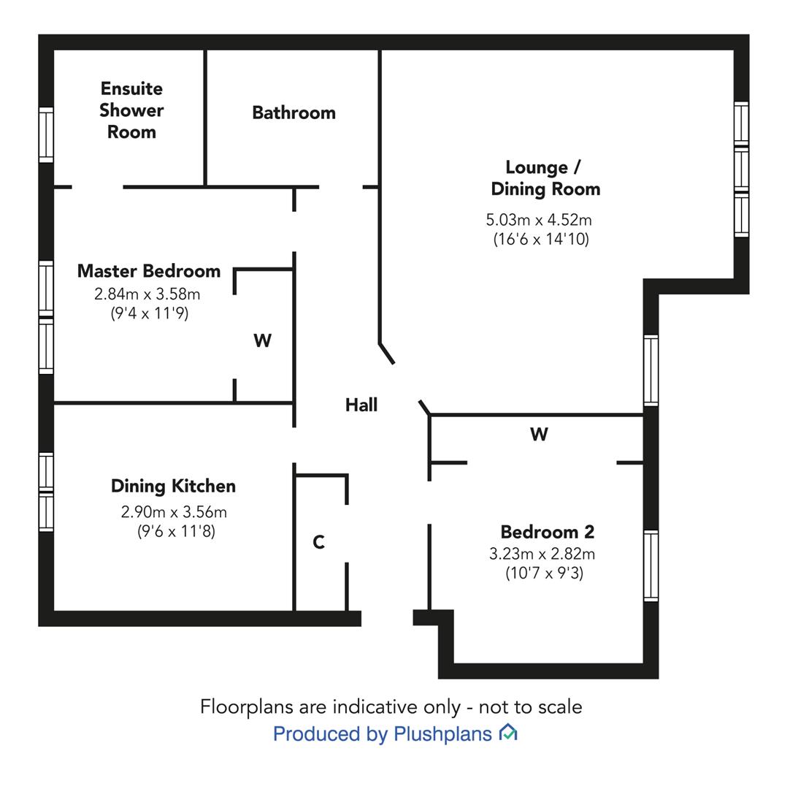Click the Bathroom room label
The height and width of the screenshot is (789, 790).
click(x=294, y=113)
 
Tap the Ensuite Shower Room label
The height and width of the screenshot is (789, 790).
click(x=131, y=110)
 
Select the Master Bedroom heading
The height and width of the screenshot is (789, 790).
click(x=149, y=271)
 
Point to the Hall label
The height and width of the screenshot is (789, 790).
click(x=361, y=404)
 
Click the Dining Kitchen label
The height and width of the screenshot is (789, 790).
click(x=173, y=486)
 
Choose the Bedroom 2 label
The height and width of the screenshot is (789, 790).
click(x=547, y=532)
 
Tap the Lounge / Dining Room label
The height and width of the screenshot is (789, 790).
click(x=545, y=178)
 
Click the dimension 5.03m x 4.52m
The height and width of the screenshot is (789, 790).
click(x=539, y=220)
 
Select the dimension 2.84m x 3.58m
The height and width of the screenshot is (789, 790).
click(x=147, y=294)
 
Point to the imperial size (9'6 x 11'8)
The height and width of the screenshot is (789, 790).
click(x=177, y=531)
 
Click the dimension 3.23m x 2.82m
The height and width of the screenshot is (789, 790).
click(x=542, y=554)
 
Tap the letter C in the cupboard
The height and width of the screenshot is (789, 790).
click(x=318, y=543)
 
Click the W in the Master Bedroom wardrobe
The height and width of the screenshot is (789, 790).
click(x=263, y=341)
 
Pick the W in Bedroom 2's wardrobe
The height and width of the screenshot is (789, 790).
click(x=539, y=434)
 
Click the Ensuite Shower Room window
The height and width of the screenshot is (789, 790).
click(x=46, y=135)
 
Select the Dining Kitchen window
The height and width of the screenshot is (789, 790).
click(x=46, y=492)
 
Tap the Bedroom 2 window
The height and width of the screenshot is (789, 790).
click(x=651, y=565)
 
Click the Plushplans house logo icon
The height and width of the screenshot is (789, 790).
click(x=508, y=732)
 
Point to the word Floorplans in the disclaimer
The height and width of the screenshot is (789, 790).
click(x=246, y=707)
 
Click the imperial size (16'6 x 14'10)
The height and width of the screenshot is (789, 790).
click(x=541, y=239)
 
